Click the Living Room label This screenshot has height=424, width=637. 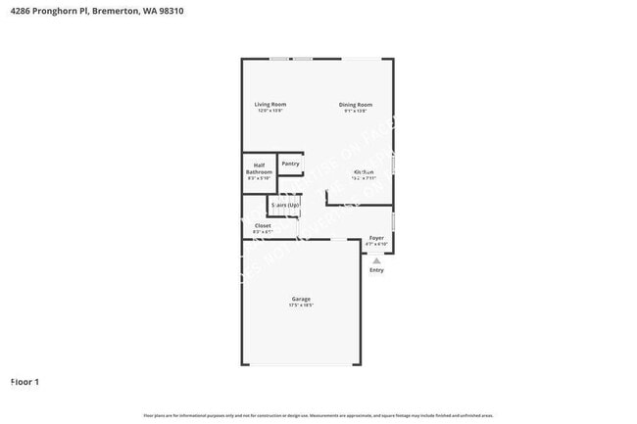click(270, 104)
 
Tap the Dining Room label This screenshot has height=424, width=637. click(356, 104)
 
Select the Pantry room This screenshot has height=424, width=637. click(290, 165)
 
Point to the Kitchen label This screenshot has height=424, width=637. click(364, 171)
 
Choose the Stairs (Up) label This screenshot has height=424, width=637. click(285, 206)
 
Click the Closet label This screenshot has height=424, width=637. click(263, 225)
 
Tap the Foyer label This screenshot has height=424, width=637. click(376, 238)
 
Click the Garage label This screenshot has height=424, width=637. click(301, 299)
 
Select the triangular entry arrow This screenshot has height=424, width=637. click(376, 260)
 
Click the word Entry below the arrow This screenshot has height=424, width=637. click(376, 270)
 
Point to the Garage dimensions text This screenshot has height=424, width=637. click(301, 306)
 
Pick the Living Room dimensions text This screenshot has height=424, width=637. click(270, 111)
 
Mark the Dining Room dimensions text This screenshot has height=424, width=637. click(356, 111)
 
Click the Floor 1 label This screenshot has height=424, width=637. click(24, 381)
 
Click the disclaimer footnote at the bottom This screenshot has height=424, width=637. click(318, 415)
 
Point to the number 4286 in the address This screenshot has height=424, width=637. click(19, 11)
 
